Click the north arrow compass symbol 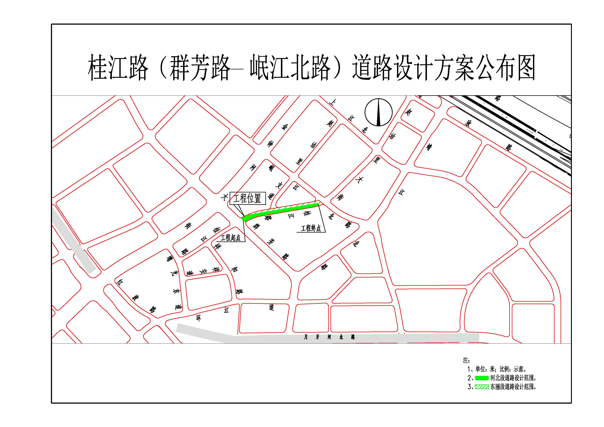tap(379, 112)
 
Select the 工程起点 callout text tap(230, 238)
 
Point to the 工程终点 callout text tap(311, 228)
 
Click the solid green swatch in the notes tap(482, 378)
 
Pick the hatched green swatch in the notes tap(482, 387)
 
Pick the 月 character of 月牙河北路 tap(306, 337)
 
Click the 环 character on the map tap(199, 318)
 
